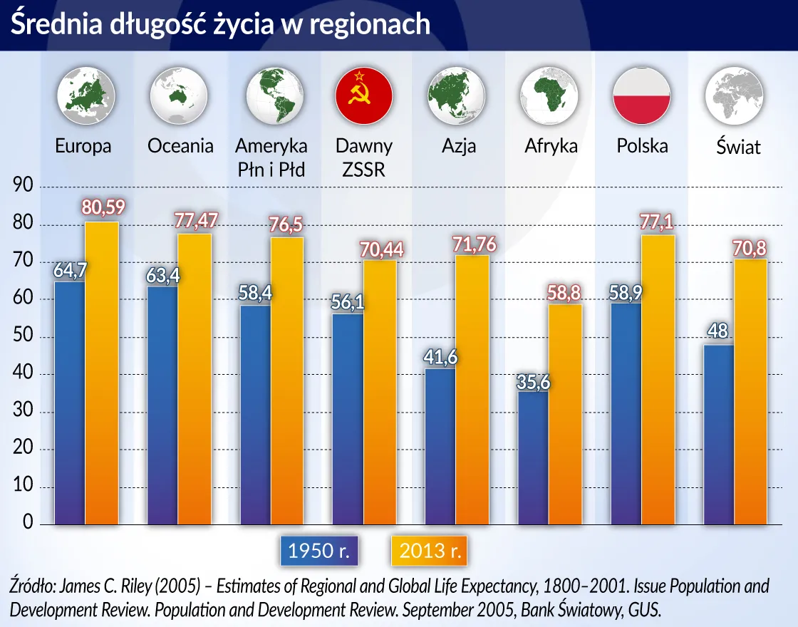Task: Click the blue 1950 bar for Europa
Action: coord(70,403)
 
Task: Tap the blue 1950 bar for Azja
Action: coord(440,445)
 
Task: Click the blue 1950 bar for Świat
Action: coord(718,435)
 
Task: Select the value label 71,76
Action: coord(474,244)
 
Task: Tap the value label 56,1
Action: coord(348,302)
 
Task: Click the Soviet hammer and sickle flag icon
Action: coord(364,95)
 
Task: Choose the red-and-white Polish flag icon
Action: coord(642,95)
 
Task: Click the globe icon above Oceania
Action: coord(179,95)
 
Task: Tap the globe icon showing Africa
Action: coord(549,95)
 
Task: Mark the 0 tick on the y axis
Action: coord(28,524)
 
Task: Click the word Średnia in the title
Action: coord(50,24)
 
